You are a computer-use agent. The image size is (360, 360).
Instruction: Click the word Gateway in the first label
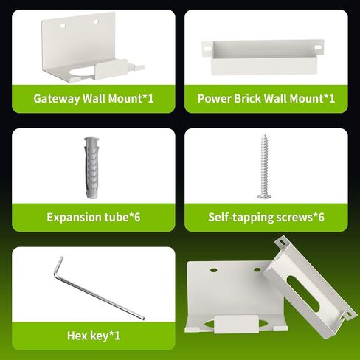click(x=57, y=99)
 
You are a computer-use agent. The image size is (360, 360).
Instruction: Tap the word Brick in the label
click(x=247, y=99)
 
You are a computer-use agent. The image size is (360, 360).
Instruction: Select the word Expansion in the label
click(x=74, y=218)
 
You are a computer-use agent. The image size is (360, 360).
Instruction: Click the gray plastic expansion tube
click(x=91, y=168)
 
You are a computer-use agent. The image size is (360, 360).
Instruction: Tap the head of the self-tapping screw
click(x=264, y=196)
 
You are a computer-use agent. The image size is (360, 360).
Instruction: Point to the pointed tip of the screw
click(x=265, y=135)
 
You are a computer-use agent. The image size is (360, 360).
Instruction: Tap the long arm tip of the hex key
click(x=143, y=319)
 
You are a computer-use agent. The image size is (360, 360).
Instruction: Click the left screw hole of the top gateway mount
click(x=63, y=25)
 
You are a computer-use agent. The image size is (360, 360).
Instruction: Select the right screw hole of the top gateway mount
click(x=96, y=21)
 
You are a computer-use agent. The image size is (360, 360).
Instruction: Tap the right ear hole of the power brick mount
click(x=318, y=47)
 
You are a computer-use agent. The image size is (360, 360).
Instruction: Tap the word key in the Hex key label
click(x=99, y=336)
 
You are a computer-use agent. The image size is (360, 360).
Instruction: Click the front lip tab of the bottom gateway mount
click(x=236, y=324)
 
